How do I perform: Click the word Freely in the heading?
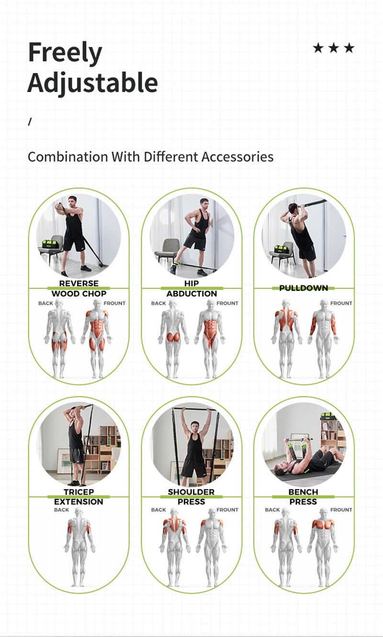click(65, 53)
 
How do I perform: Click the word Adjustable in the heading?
click(92, 83)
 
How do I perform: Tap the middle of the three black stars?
click(334, 48)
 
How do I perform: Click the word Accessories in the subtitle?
click(237, 157)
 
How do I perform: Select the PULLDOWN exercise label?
click(304, 288)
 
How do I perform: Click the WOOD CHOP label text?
click(79, 293)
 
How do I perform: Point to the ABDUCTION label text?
click(192, 293)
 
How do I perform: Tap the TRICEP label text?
click(79, 492)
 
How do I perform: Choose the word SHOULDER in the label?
click(191, 492)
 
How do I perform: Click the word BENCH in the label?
click(303, 492)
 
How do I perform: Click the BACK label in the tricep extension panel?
click(61, 510)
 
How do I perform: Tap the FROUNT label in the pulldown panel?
click(341, 303)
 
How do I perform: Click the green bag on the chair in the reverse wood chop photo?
click(51, 243)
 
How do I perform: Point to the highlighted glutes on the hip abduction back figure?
click(173, 337)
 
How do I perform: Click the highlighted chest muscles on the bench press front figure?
click(323, 524)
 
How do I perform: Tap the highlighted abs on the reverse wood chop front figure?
click(97, 326)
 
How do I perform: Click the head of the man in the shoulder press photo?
click(195, 426)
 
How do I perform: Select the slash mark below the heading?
click(30, 122)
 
